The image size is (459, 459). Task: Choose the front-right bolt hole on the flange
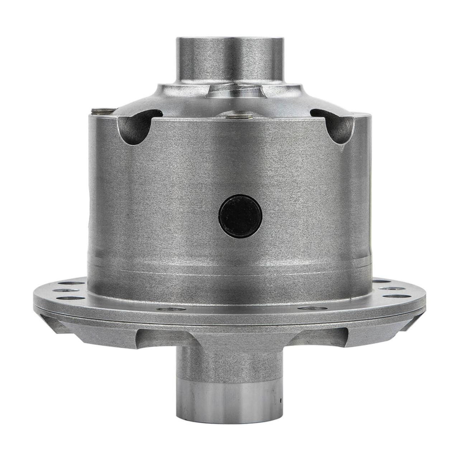pos(309,308)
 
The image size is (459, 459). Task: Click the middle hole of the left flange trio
pos(65,289)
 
